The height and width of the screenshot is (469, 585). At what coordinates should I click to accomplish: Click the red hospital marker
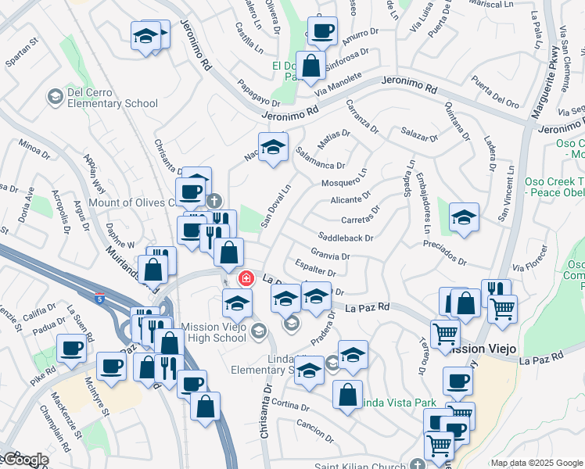(x=246, y=278)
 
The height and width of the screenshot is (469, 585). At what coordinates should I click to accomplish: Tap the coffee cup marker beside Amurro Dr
(x=321, y=31)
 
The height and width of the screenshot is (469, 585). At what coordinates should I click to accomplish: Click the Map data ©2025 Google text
(x=536, y=463)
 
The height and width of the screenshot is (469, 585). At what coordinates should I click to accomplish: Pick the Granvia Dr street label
(x=329, y=254)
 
